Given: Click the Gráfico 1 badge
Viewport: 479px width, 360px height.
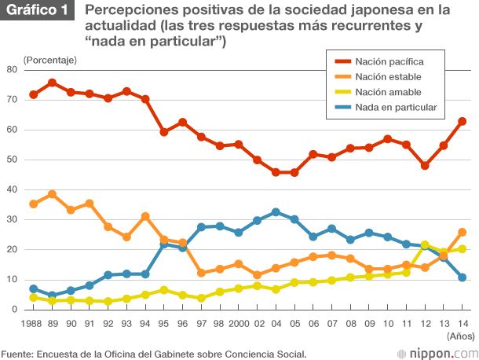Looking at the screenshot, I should point(38,12).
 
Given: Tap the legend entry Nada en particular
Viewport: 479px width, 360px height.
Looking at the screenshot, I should point(395,106).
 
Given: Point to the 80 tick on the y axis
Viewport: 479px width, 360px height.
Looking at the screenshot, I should point(12,69).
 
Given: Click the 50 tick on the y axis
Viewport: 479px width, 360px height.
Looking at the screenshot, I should point(12,160).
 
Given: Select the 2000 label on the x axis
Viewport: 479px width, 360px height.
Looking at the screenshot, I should point(236,323).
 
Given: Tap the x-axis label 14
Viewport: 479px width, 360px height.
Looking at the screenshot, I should point(463,323).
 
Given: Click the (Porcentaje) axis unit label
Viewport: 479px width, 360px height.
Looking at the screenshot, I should point(50,60).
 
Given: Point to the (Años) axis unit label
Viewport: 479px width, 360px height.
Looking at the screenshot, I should point(459,336).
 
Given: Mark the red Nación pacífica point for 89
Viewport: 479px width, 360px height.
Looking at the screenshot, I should point(52,83).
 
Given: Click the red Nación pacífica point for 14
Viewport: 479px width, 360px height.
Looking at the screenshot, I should point(463,121).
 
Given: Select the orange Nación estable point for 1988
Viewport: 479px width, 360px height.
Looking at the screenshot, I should point(33,204).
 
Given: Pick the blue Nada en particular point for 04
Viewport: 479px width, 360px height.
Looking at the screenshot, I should point(276,212).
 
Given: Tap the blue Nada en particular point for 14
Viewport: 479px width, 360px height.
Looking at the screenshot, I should point(463,277).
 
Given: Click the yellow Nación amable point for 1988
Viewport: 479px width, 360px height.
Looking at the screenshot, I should point(33,297).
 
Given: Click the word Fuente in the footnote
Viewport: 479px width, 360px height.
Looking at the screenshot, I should point(18,353).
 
